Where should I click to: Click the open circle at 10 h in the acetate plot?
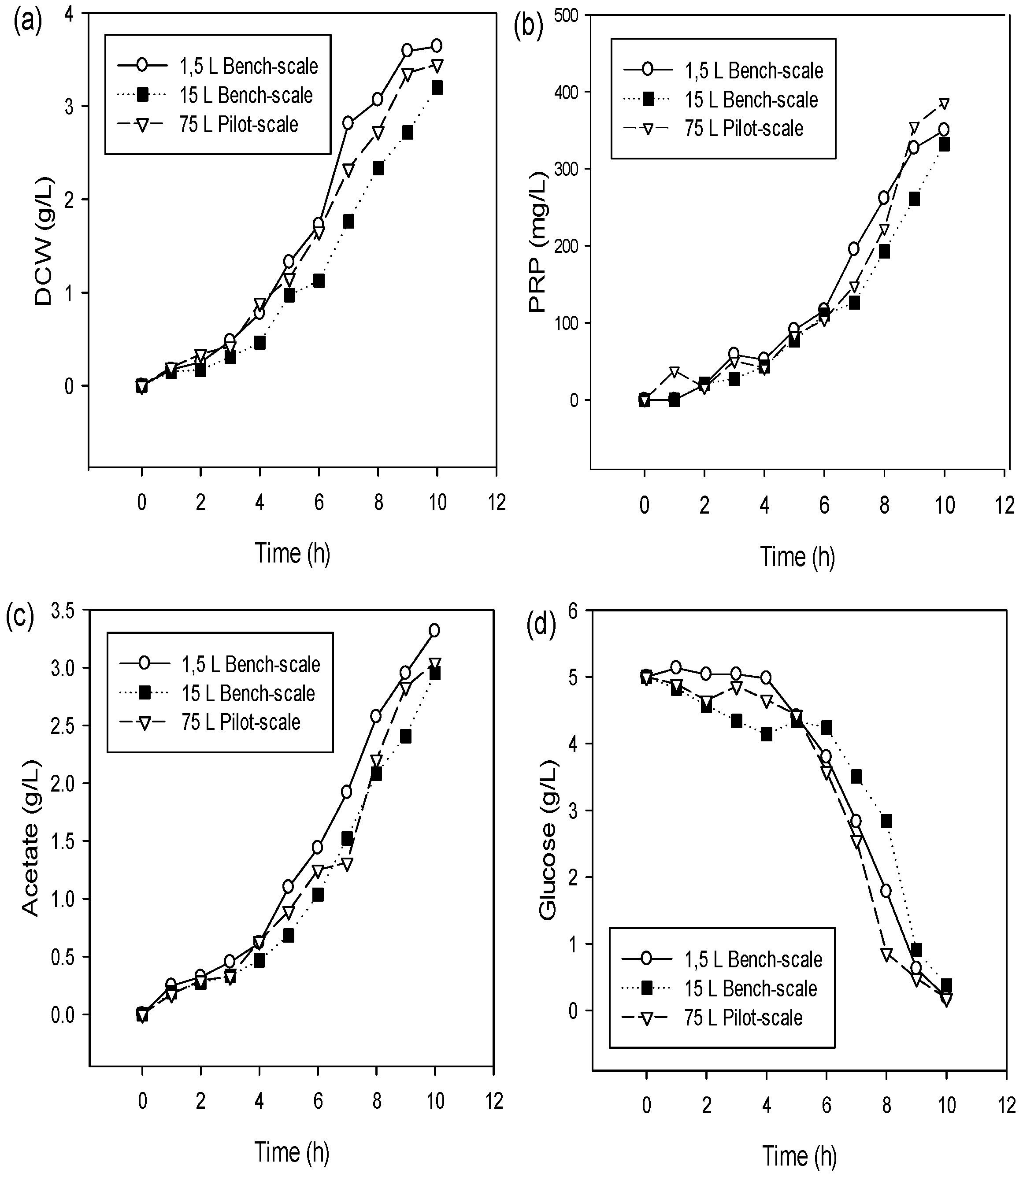434,630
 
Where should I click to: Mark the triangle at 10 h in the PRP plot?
944,104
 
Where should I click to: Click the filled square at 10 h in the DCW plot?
437,87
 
